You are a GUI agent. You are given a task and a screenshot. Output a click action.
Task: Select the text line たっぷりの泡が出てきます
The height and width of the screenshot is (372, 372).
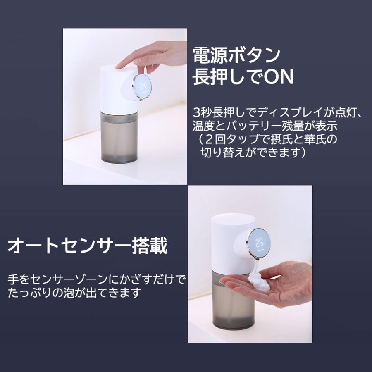click(x=75, y=293)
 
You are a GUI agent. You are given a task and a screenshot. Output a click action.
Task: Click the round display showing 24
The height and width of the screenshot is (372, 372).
click(x=142, y=87)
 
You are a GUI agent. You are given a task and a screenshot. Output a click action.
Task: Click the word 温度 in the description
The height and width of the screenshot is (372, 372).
click(x=200, y=125)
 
